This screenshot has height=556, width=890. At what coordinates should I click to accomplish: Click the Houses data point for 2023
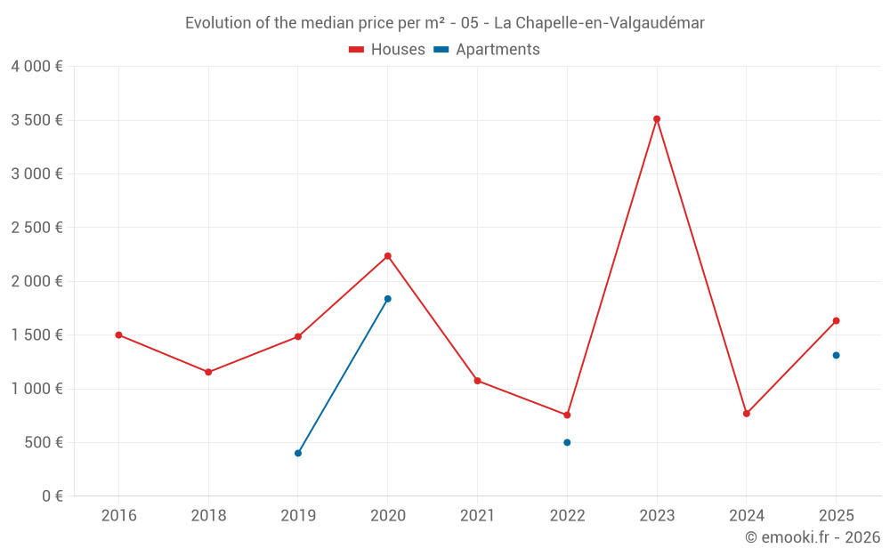657,119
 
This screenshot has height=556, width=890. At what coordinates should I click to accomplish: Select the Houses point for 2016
118,335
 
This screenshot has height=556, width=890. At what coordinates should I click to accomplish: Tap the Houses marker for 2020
388,256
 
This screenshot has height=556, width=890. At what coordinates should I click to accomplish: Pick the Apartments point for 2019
298,454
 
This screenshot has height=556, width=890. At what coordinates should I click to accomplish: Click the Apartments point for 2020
388,299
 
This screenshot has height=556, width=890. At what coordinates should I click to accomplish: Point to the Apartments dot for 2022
567,442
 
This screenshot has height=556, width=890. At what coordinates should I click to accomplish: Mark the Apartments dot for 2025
836,356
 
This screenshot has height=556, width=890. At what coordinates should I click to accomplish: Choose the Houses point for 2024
747,414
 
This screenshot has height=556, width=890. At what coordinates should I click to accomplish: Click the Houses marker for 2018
208,372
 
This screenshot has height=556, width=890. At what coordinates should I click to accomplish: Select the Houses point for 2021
477,381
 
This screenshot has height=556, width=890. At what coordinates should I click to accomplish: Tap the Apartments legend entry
487,50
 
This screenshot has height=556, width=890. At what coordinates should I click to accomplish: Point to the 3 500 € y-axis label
36,120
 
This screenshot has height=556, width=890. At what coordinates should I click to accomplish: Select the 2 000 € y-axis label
36,281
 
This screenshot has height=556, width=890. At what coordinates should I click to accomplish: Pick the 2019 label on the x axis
298,516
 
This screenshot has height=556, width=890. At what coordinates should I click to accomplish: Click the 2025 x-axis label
836,516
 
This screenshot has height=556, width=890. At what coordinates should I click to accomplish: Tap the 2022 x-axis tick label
567,516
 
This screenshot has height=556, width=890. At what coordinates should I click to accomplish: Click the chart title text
444,23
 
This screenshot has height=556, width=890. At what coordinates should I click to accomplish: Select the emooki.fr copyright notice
813,537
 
